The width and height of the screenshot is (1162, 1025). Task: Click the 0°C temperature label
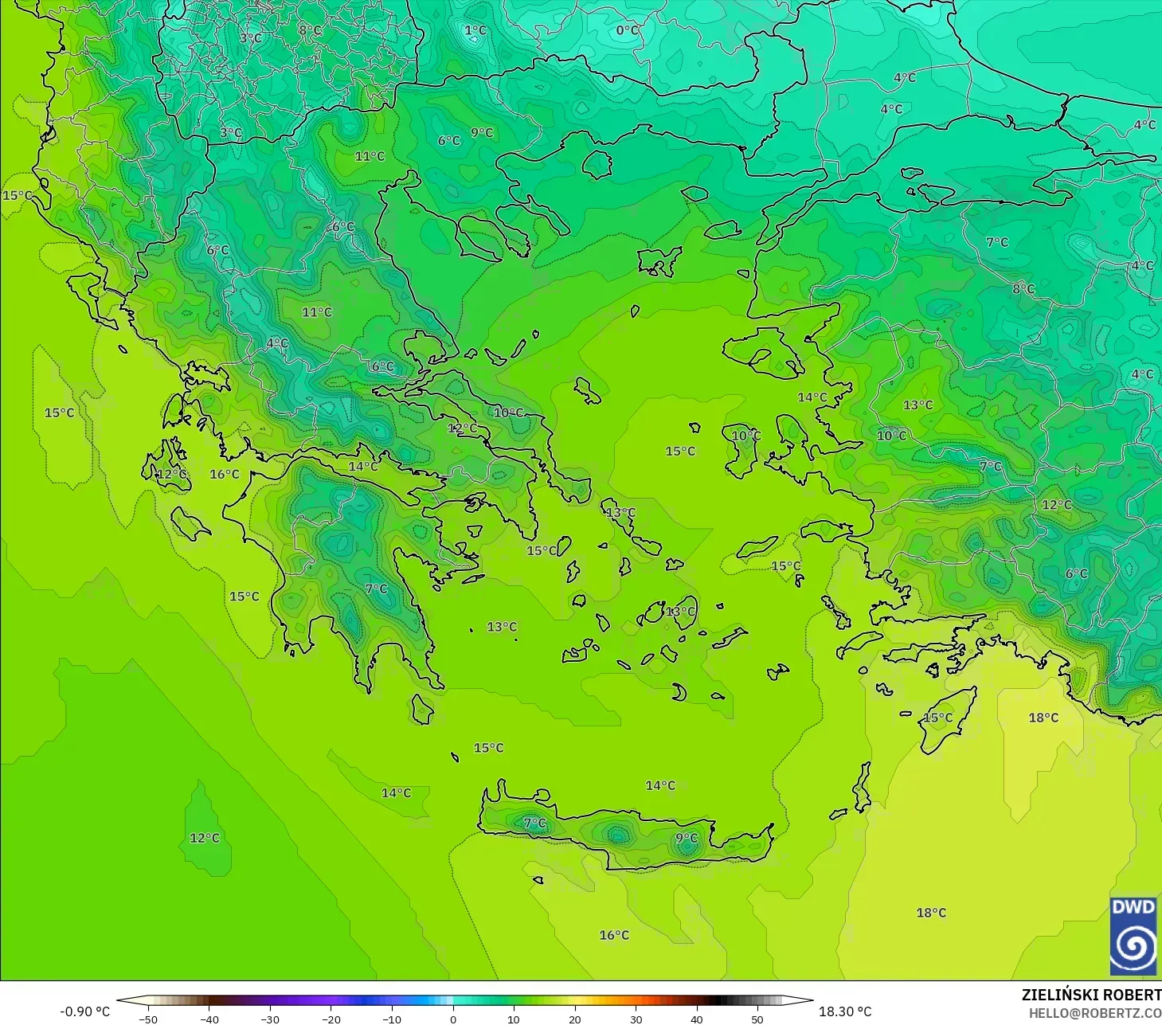pyautogui.click(x=628, y=30)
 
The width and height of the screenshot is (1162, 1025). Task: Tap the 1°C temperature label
pyautogui.click(x=475, y=30)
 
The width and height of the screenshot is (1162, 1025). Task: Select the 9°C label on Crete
pyautogui.click(x=687, y=838)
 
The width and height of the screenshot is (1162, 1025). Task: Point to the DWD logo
pyautogui.click(x=1133, y=936)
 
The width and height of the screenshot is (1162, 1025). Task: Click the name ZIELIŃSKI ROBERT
pyautogui.click(x=1091, y=995)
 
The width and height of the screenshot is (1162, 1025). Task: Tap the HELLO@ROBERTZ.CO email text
pyautogui.click(x=1094, y=1013)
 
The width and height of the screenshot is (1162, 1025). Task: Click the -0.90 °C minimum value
pyautogui.click(x=85, y=1011)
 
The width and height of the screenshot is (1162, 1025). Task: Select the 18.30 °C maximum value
pyautogui.click(x=845, y=1011)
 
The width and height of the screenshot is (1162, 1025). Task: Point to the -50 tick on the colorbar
pyautogui.click(x=148, y=1019)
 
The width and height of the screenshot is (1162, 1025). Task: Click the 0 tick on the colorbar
pyautogui.click(x=452, y=1019)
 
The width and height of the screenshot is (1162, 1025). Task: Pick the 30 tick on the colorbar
pyautogui.click(x=636, y=1019)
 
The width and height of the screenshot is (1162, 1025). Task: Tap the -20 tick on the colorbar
pyautogui.click(x=331, y=1019)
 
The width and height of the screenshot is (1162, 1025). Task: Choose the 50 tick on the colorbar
pyautogui.click(x=757, y=1019)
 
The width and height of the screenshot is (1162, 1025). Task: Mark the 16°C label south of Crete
pyautogui.click(x=614, y=935)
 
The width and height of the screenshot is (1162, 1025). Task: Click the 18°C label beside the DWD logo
pyautogui.click(x=931, y=913)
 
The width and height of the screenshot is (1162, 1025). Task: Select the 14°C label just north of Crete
pyautogui.click(x=660, y=785)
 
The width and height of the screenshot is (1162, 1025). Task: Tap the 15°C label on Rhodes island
pyautogui.click(x=937, y=718)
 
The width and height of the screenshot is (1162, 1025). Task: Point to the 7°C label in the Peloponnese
pyautogui.click(x=376, y=589)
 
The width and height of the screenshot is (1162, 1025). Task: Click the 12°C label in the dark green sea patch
pyautogui.click(x=205, y=838)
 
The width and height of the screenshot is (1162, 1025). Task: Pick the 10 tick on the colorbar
pyautogui.click(x=514, y=1019)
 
